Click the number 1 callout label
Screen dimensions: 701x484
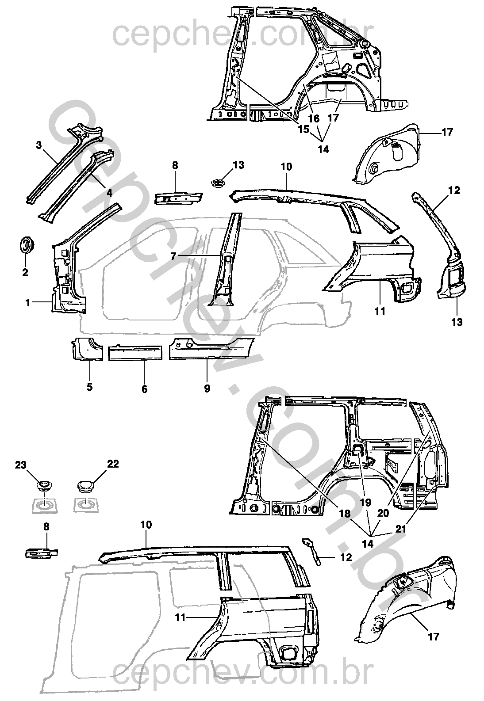coord(28,303)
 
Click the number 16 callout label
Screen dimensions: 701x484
coord(314,118)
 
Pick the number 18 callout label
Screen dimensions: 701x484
coord(345,514)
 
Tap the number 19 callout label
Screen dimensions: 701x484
coord(365,502)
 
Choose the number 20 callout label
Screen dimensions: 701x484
coord(383,513)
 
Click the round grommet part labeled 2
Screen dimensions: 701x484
coord(27,244)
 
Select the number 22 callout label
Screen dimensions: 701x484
coord(113,464)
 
